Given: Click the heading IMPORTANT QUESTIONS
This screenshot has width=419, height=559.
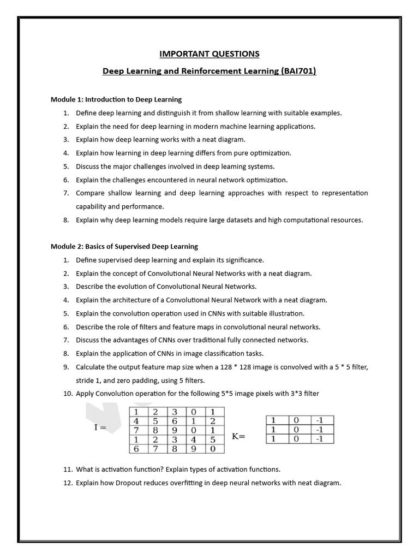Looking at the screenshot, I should (x=209, y=53).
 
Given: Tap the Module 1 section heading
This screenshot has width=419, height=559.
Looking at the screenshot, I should (x=116, y=99).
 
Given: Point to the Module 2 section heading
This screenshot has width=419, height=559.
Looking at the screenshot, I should (x=124, y=246).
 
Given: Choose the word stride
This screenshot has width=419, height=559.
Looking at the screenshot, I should (x=85, y=380).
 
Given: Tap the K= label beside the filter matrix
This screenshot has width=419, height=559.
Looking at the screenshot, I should (x=239, y=436).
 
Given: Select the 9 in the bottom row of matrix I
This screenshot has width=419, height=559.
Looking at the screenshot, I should (x=193, y=449).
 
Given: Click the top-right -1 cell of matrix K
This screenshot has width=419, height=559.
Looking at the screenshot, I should (x=319, y=420).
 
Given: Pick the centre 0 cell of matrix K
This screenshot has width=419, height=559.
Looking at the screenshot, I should (x=296, y=430).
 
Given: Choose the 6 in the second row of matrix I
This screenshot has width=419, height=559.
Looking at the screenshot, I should (x=175, y=421).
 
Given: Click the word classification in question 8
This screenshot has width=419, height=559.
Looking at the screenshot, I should (x=205, y=353).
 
